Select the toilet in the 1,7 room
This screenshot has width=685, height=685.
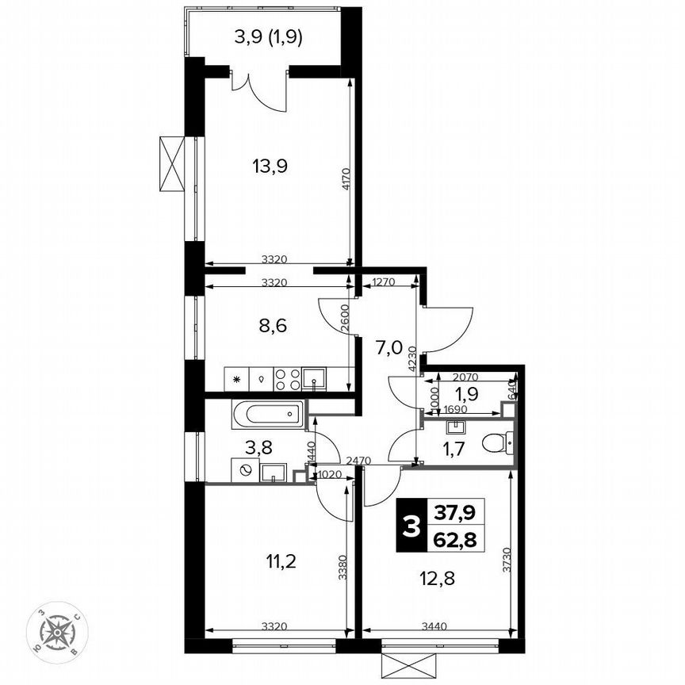[496, 441]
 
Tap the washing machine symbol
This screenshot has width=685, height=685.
[246, 470]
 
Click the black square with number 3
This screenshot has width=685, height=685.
[410, 526]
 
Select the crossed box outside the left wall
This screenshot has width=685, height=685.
[171, 163]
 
